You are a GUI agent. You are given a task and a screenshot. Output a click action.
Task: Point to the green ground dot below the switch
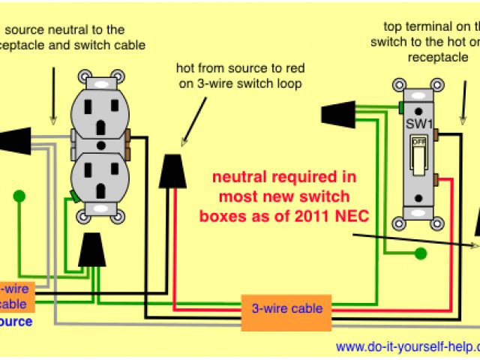pos(421,253)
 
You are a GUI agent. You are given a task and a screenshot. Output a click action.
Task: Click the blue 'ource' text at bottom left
pos(16,322)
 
